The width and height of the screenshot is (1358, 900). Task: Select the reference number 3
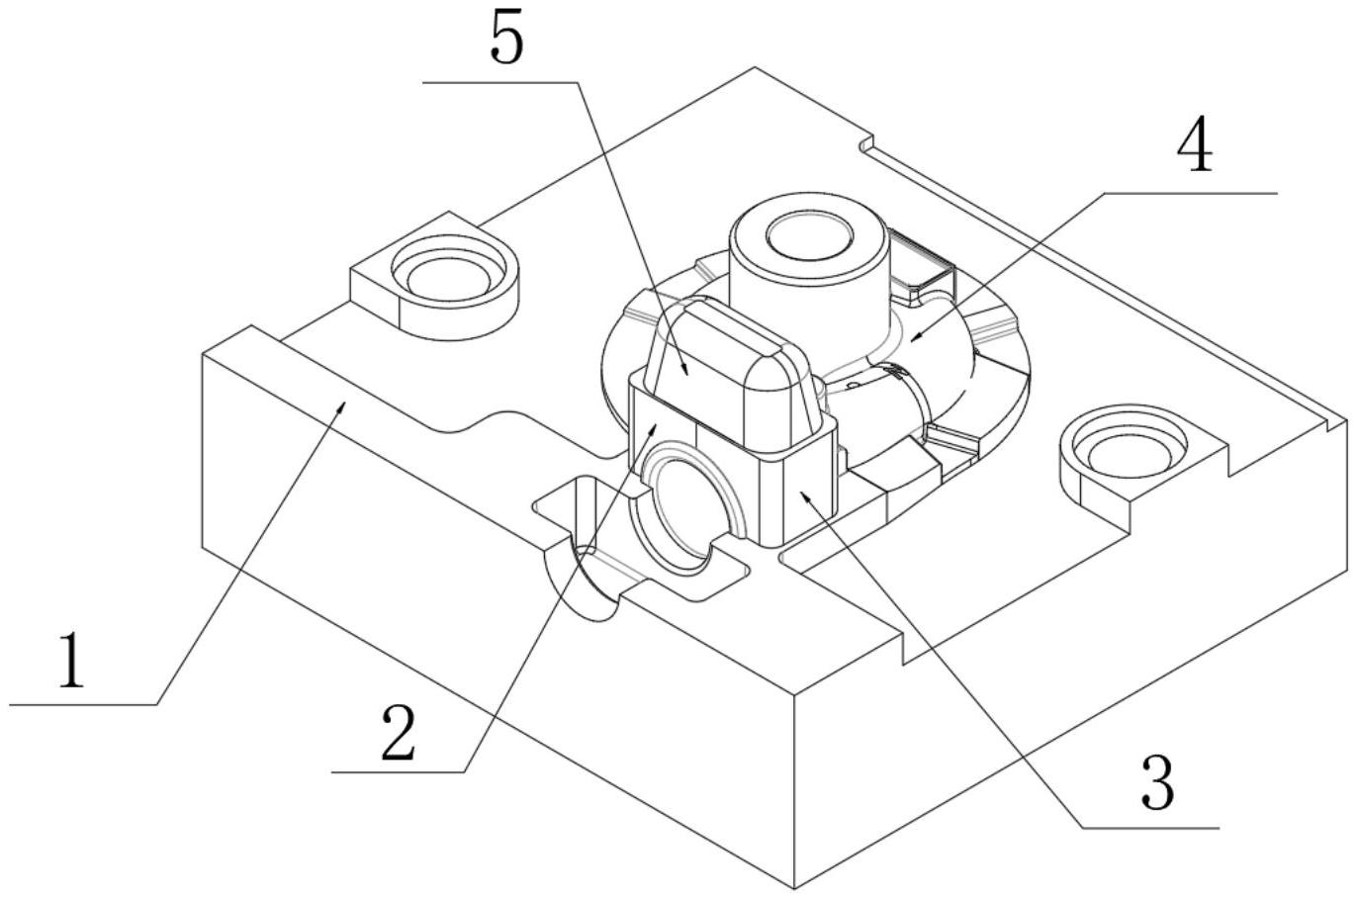tap(1157, 781)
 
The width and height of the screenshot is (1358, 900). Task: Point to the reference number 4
tap(1195, 148)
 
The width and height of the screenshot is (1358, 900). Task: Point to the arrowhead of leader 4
tap(911, 342)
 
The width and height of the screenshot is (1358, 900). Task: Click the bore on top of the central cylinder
tap(810, 237)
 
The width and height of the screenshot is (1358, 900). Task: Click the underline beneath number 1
tap(84, 705)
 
